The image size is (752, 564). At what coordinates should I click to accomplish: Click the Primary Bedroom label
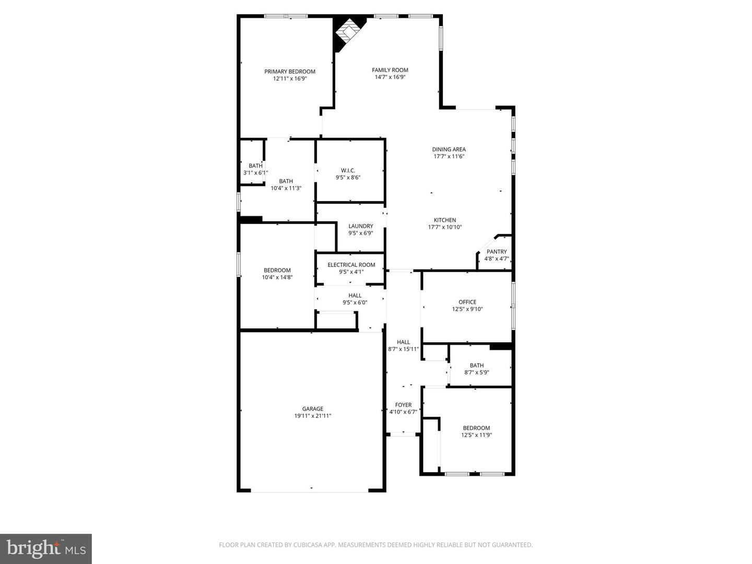click(290, 72)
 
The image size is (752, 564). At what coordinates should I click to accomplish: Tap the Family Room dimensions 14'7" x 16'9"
click(390, 77)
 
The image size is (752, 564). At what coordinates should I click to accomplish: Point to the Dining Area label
click(449, 149)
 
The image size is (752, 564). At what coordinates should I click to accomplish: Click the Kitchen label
click(445, 220)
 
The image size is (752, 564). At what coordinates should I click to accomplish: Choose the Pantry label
click(497, 252)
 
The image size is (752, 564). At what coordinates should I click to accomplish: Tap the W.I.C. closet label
click(348, 170)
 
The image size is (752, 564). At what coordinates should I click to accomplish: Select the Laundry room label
click(360, 226)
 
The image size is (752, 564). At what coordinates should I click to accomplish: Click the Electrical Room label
click(351, 265)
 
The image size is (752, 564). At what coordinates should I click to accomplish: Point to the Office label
click(467, 302)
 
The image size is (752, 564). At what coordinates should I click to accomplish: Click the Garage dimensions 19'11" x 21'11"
click(312, 416)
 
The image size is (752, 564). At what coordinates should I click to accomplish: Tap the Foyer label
click(403, 405)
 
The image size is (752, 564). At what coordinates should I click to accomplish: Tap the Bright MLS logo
click(46, 548)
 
